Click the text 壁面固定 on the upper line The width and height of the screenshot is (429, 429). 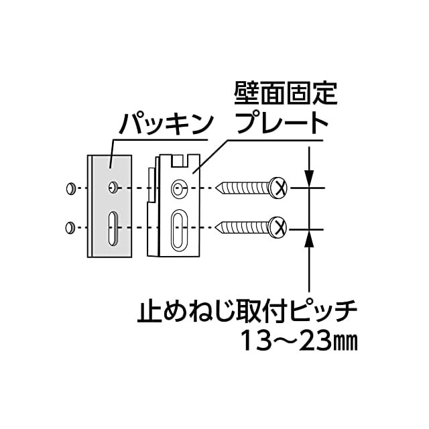click(x=285, y=93)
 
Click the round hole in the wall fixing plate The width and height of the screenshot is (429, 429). click(x=178, y=188)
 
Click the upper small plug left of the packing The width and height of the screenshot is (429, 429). click(x=70, y=188)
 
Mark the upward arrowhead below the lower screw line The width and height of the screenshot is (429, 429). click(x=309, y=237)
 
